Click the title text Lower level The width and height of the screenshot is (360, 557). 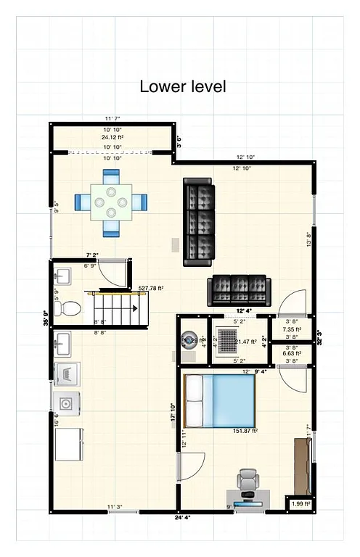coord(183,87)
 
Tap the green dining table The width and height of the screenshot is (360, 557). coord(111,202)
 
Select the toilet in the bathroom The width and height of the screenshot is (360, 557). coord(69,308)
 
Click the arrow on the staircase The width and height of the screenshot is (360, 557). coord(134,309)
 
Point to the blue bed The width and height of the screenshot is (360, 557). coord(221,401)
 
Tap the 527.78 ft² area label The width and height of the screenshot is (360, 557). coord(151,288)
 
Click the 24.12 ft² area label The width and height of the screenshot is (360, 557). coord(112,136)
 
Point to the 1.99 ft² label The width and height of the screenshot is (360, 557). coord(300,503)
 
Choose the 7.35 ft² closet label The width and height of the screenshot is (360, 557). coord(292,329)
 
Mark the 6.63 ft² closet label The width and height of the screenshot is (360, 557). coord(292,353)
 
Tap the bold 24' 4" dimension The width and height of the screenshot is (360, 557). coord(183,518)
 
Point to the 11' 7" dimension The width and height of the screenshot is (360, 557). coord(112,118)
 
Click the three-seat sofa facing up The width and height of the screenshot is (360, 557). coord(239,290)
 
